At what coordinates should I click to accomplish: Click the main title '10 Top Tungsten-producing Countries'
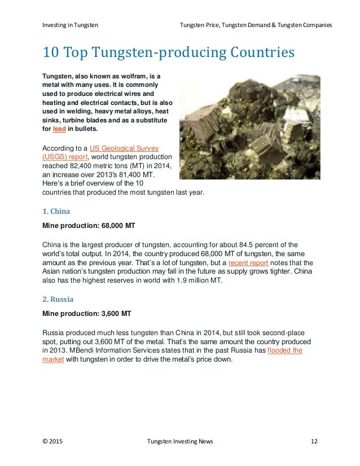[169, 54]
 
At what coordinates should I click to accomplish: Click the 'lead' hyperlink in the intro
[59, 129]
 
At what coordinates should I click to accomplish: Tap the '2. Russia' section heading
[58, 299]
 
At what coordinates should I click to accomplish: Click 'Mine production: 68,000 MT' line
[89, 226]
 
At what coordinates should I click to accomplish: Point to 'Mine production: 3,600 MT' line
[86, 313]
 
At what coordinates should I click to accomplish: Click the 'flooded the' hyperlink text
[285, 350]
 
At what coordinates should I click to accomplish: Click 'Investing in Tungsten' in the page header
[70, 25]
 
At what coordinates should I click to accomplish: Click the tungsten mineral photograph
[249, 128]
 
